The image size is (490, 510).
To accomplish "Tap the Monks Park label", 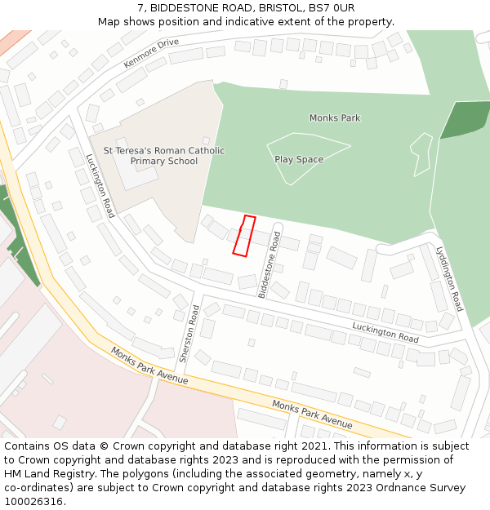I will (x=334, y=118).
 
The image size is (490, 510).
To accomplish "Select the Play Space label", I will (x=299, y=159).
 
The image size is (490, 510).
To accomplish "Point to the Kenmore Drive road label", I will (x=151, y=53).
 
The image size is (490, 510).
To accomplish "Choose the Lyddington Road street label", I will (x=450, y=278).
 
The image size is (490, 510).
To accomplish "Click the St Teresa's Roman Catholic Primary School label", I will (x=163, y=156).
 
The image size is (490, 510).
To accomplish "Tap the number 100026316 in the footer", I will (x=34, y=501).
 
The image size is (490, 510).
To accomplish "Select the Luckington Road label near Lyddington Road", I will (x=385, y=331).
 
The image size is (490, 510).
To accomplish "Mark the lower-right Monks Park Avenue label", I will (x=312, y=415).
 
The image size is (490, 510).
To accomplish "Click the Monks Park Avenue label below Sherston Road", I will (x=149, y=366).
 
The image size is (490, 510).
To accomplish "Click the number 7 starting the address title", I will (x=141, y=7).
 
